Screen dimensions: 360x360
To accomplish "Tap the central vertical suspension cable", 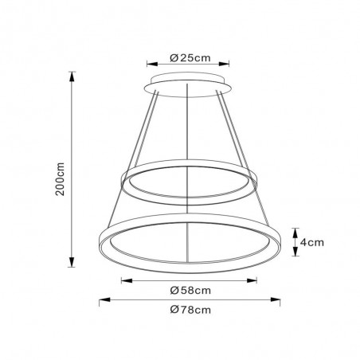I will [189, 135].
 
